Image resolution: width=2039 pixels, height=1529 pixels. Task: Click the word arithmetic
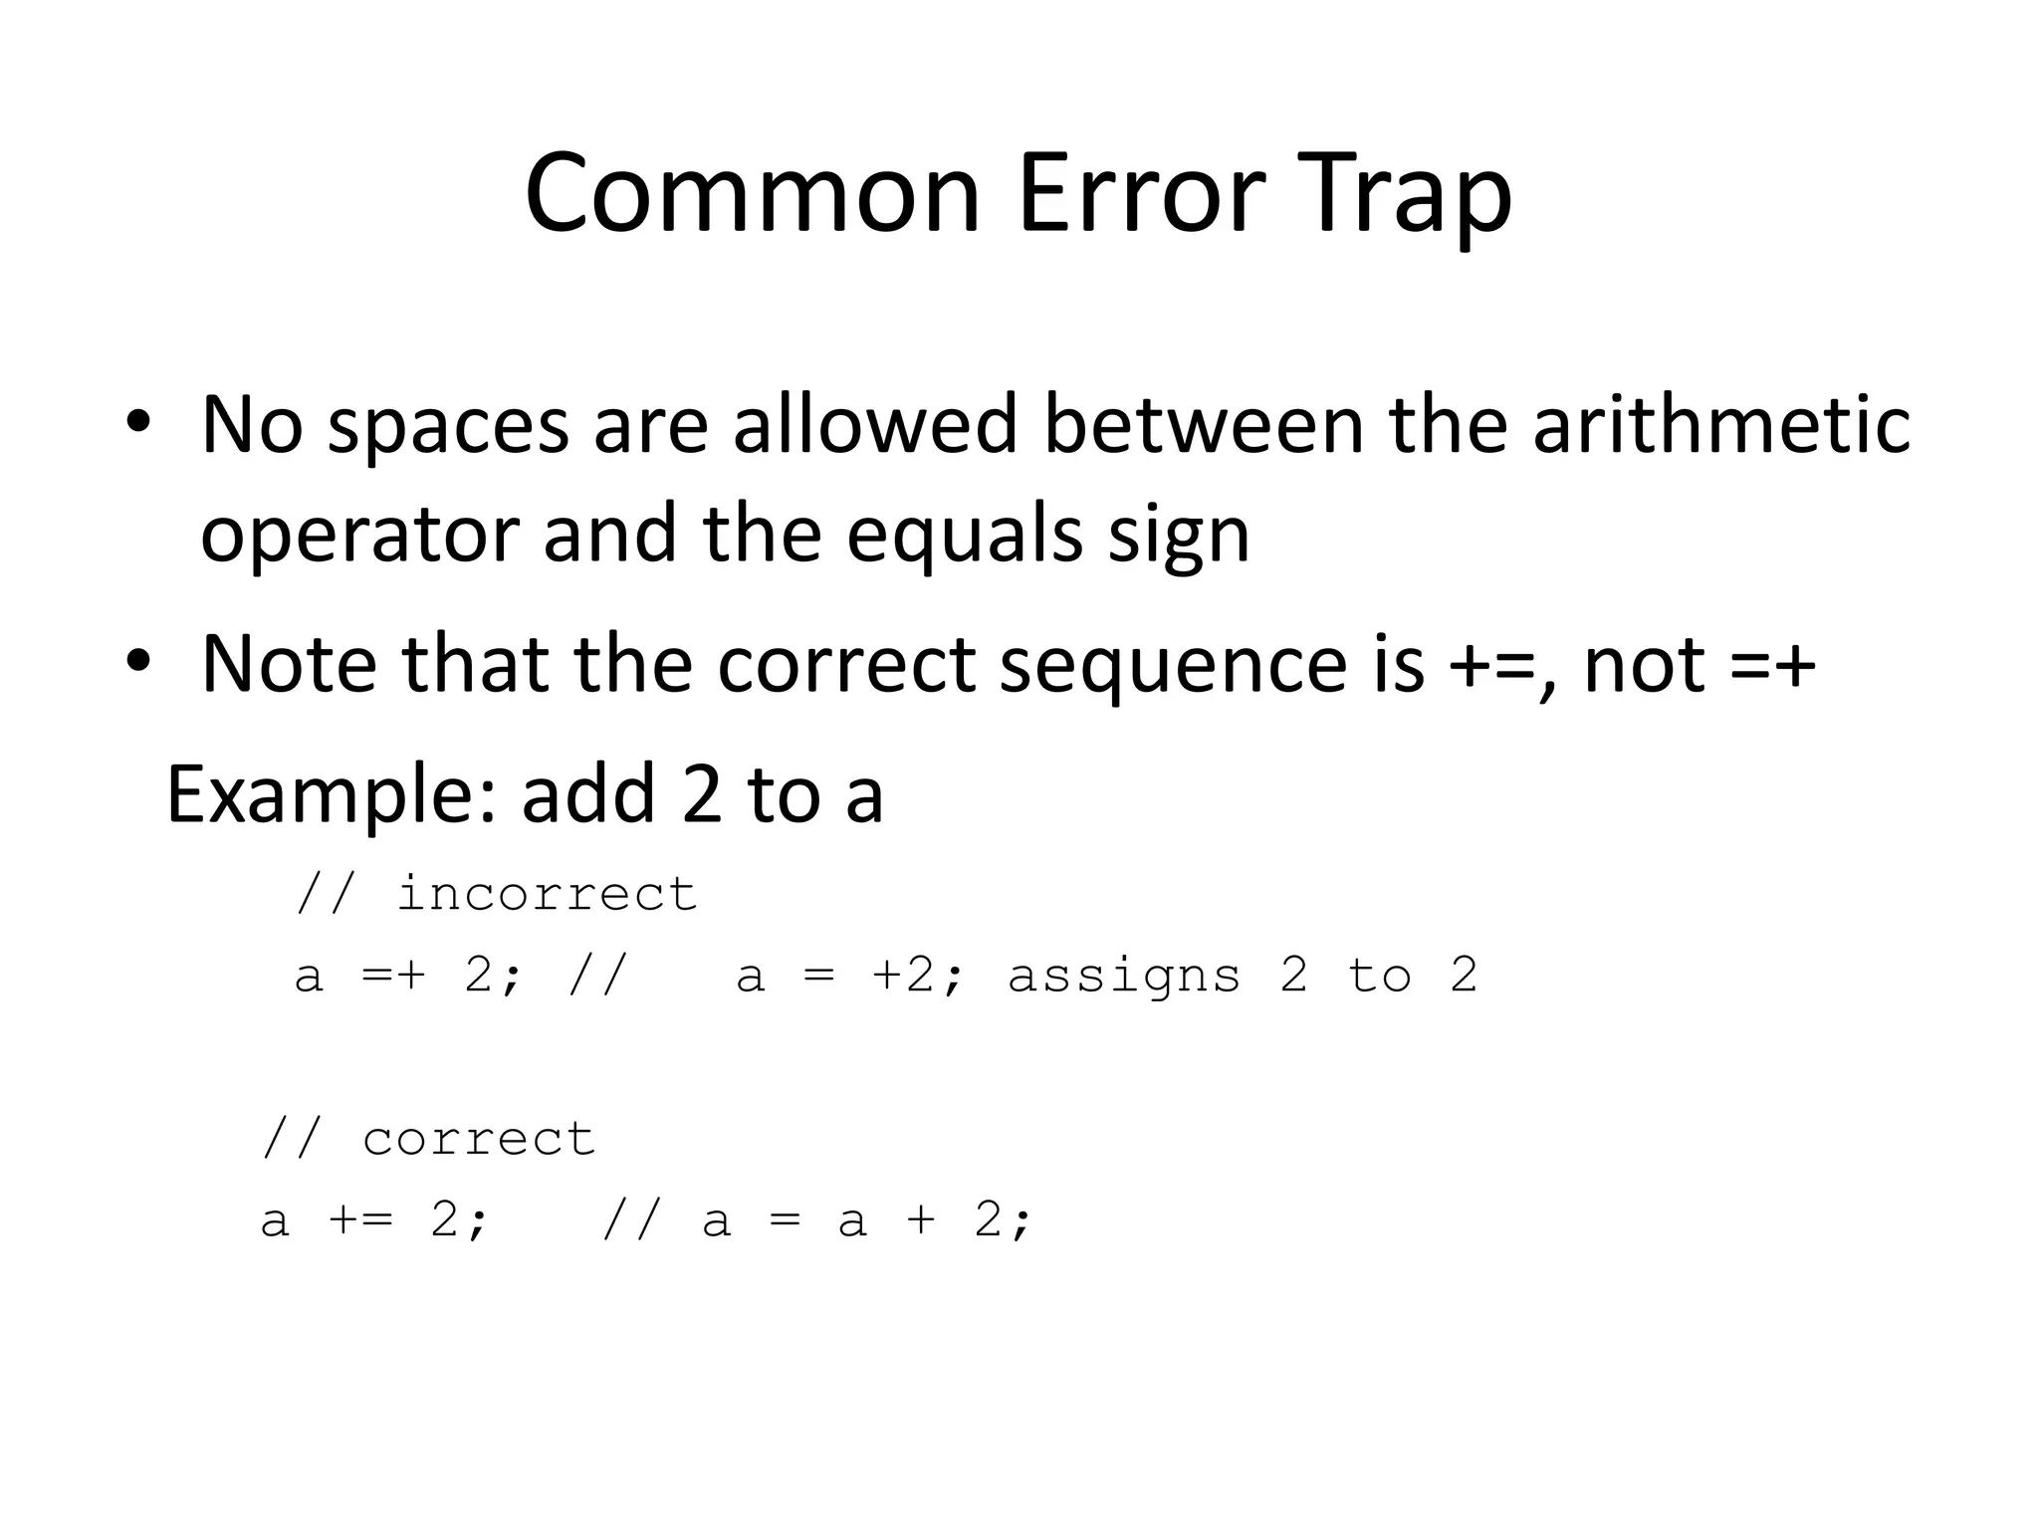(x=1720, y=424)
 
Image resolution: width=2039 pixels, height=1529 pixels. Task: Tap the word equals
(x=965, y=534)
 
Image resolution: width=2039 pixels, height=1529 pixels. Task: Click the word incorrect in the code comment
(x=547, y=894)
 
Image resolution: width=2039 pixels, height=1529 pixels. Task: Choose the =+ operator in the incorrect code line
(x=393, y=975)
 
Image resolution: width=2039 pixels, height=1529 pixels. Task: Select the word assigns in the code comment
(x=1124, y=976)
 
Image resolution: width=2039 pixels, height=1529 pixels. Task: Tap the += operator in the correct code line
(x=359, y=1219)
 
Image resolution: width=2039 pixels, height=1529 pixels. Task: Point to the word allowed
(x=875, y=424)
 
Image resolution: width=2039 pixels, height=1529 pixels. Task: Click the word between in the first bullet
(x=1203, y=424)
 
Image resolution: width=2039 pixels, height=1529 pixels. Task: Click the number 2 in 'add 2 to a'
(x=702, y=794)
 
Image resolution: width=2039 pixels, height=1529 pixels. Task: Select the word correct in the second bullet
(x=846, y=665)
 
